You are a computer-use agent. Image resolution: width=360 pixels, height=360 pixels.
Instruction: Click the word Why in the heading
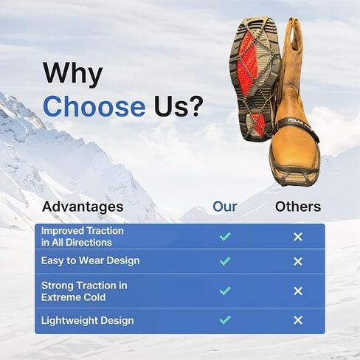tap(73, 74)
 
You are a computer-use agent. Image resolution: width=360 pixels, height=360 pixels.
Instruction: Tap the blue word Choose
tap(94, 106)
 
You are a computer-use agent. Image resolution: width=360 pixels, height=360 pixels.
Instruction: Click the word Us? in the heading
tap(179, 106)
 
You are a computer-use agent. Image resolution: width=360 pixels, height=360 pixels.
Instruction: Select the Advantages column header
tap(83, 207)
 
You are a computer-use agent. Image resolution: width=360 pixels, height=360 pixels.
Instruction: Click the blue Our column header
tap(225, 207)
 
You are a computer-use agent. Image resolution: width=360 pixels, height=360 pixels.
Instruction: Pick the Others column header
tap(298, 207)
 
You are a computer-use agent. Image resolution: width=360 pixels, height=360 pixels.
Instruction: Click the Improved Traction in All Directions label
tap(83, 237)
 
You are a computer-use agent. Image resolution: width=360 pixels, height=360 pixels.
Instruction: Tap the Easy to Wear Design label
tap(91, 260)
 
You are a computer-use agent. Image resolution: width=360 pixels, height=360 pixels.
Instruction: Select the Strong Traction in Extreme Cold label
tap(84, 291)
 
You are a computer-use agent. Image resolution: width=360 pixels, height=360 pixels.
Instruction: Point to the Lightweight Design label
tap(88, 321)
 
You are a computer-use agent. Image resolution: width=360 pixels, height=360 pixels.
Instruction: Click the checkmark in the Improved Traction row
tap(225, 237)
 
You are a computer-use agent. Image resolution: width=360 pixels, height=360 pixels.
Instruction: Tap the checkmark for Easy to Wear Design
tap(225, 261)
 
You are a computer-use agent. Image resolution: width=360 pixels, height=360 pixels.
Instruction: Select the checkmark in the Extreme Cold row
tap(225, 291)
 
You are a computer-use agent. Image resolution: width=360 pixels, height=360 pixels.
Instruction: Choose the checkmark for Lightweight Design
tap(225, 319)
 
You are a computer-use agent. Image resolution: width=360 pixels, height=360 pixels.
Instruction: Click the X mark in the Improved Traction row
tap(298, 237)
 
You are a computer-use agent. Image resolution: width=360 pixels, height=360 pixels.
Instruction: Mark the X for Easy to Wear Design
tap(298, 261)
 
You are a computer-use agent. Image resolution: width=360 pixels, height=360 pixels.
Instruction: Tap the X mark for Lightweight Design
tap(298, 320)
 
